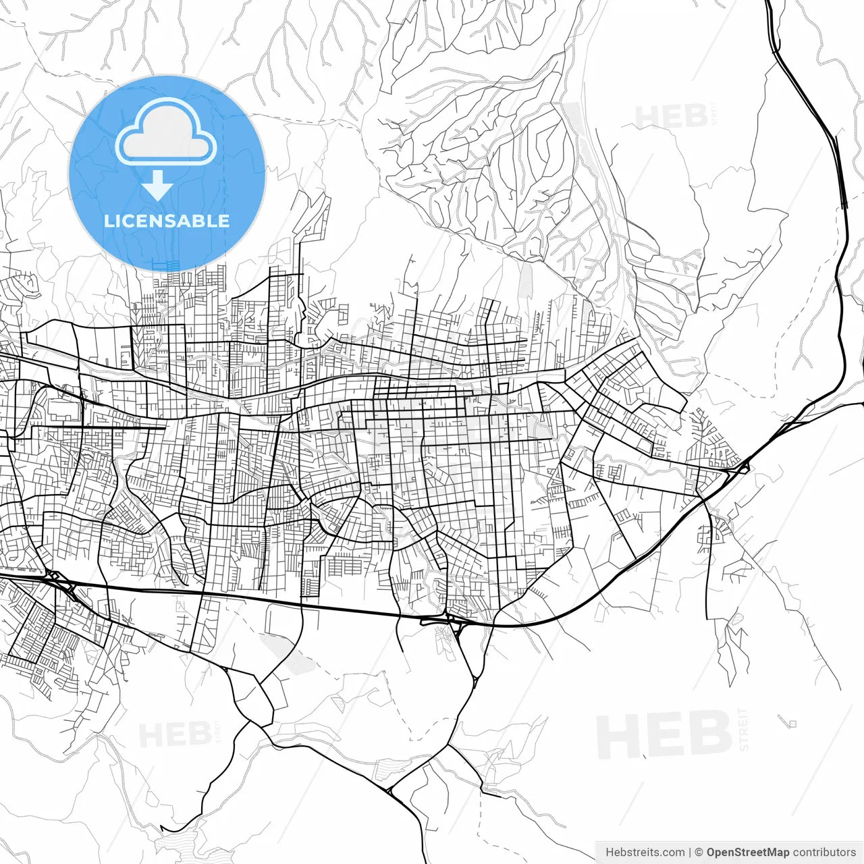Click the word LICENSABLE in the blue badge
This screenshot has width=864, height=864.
coord(167,221)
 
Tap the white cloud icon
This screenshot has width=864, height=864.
coord(165,133)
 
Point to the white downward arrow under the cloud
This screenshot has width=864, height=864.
coord(158,186)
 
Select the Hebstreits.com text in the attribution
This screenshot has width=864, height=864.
coord(645,853)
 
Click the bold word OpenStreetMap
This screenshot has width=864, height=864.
coord(748,853)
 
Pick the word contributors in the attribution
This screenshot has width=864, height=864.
coord(824,853)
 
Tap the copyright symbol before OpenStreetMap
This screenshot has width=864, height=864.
coord(699,853)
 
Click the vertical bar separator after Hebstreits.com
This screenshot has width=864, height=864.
coord(690,853)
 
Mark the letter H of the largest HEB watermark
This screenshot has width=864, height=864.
coord(618,736)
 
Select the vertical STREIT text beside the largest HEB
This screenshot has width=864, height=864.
coord(744,729)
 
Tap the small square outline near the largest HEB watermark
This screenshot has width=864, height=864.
coord(792,724)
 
